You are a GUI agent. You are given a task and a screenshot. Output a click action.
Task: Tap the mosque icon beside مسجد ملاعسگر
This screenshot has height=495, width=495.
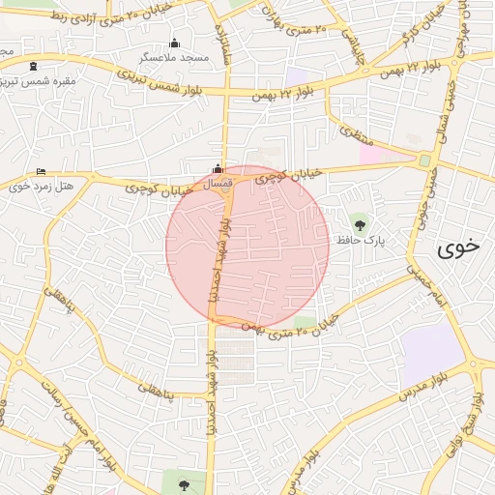pos(174,43)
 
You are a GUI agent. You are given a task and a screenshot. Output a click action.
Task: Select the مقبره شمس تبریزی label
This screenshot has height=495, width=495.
pos(39,80)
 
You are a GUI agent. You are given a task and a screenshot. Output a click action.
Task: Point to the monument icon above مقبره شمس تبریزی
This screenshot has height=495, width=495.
pos(35,66)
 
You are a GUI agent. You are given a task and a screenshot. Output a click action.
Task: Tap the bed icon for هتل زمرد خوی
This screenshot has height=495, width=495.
pos(40,171)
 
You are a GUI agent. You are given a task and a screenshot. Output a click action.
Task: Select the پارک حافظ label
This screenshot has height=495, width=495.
pos(361,239)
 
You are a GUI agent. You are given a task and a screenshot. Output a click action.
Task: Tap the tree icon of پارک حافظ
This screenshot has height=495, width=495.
pos(361,224)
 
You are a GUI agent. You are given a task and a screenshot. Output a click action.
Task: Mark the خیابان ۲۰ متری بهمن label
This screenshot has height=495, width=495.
pos(289,326)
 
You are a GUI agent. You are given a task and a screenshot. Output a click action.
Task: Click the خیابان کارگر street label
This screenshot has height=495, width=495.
pos(429,25)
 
